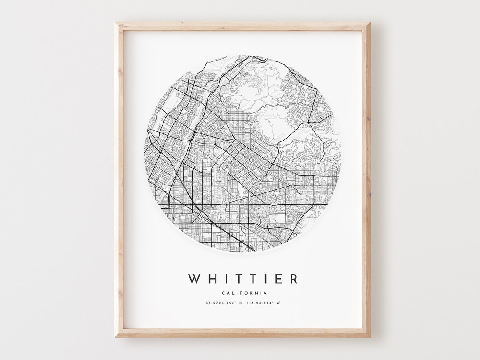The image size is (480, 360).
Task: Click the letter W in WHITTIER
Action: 195,279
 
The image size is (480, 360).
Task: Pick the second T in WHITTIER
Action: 252,279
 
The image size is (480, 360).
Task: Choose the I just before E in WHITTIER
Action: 264,279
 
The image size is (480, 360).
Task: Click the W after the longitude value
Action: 278,303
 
